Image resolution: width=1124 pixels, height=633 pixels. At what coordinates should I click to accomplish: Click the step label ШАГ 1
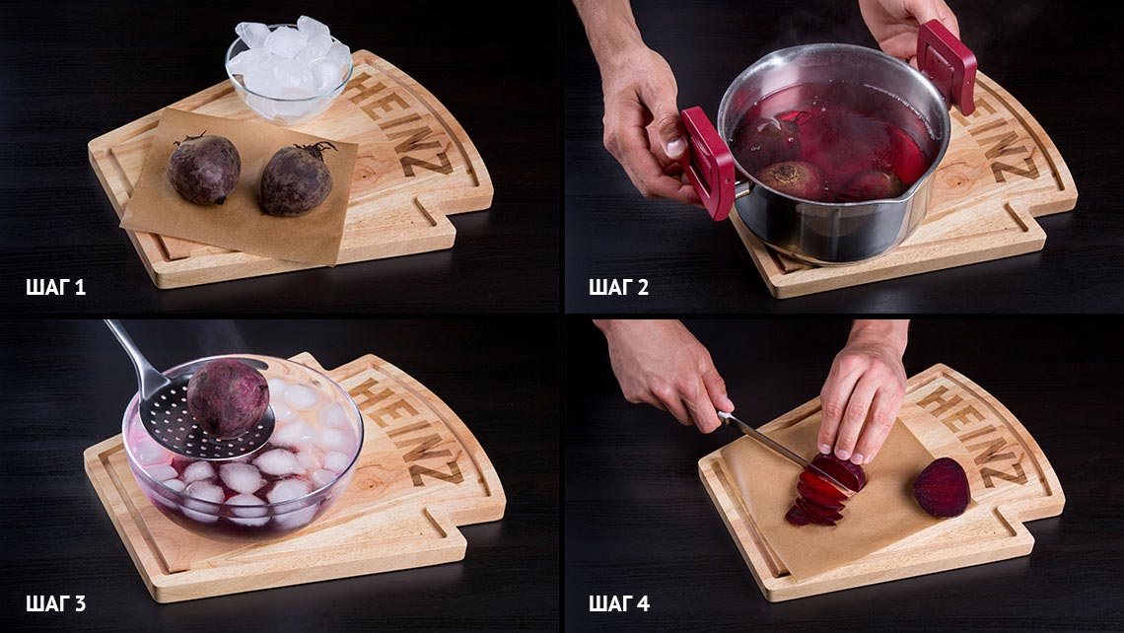(55, 288)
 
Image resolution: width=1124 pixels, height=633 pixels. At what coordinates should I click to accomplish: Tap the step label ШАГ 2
(618, 288)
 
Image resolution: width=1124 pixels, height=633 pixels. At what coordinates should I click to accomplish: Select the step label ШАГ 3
(55, 603)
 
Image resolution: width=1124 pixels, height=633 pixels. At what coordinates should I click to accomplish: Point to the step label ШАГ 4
(618, 603)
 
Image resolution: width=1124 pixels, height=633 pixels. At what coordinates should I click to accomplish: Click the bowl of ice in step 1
(289, 68)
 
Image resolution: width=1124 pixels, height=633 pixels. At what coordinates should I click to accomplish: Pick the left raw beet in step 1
(203, 169)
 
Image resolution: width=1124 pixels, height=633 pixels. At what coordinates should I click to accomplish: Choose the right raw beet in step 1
(297, 178)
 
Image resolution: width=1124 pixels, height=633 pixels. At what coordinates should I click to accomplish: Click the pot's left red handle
(707, 164)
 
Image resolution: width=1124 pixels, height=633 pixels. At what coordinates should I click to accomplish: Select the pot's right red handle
(947, 66)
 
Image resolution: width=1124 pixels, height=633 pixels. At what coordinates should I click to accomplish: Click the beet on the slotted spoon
(228, 398)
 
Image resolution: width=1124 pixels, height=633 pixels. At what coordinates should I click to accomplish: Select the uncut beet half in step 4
(942, 487)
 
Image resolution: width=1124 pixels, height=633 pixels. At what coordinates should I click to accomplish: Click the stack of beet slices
(823, 491)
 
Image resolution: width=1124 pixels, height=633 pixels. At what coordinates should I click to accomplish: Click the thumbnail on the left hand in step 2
(674, 146)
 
